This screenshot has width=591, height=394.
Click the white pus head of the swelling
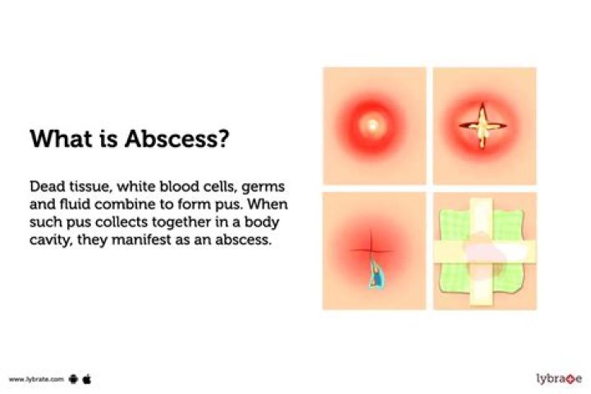[373, 125]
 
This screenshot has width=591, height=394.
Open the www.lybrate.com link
[37, 379]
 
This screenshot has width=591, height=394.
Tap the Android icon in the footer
[72, 379]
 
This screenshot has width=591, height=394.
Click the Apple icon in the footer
[86, 379]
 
